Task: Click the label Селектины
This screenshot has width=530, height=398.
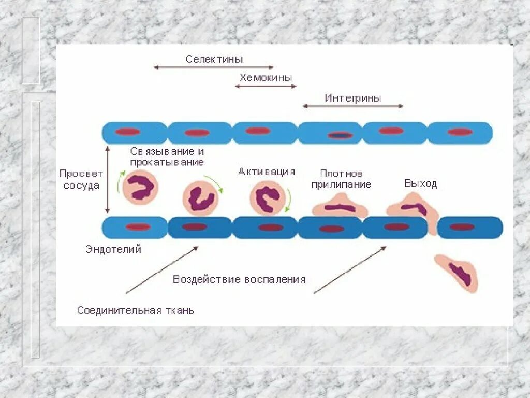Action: pyautogui.click(x=214, y=59)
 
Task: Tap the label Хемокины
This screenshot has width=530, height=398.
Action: pyautogui.click(x=266, y=78)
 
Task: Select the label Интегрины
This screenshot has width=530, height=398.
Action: pyautogui.click(x=353, y=98)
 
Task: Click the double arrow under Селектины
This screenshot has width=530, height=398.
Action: pyautogui.click(x=213, y=67)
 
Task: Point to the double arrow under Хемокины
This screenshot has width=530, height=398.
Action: pyautogui.click(x=266, y=86)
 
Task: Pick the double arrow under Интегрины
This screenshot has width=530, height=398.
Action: pyautogui.click(x=353, y=106)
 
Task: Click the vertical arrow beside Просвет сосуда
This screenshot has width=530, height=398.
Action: pyautogui.click(x=107, y=179)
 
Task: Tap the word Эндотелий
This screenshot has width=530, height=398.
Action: pyautogui.click(x=113, y=249)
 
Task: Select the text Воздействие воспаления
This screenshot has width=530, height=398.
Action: pyautogui.click(x=239, y=279)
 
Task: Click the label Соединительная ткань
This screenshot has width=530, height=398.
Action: pyautogui.click(x=136, y=310)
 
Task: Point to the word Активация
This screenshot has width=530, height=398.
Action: pyautogui.click(x=267, y=172)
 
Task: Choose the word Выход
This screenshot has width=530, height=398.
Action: pyautogui.click(x=420, y=183)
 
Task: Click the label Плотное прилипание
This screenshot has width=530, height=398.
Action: pyautogui.click(x=341, y=179)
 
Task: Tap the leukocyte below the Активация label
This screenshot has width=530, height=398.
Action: pyautogui.click(x=270, y=198)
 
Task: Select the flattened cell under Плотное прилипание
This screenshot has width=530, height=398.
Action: pyautogui.click(x=340, y=206)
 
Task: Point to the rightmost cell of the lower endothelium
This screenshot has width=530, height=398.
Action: pyautogui.click(x=469, y=227)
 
